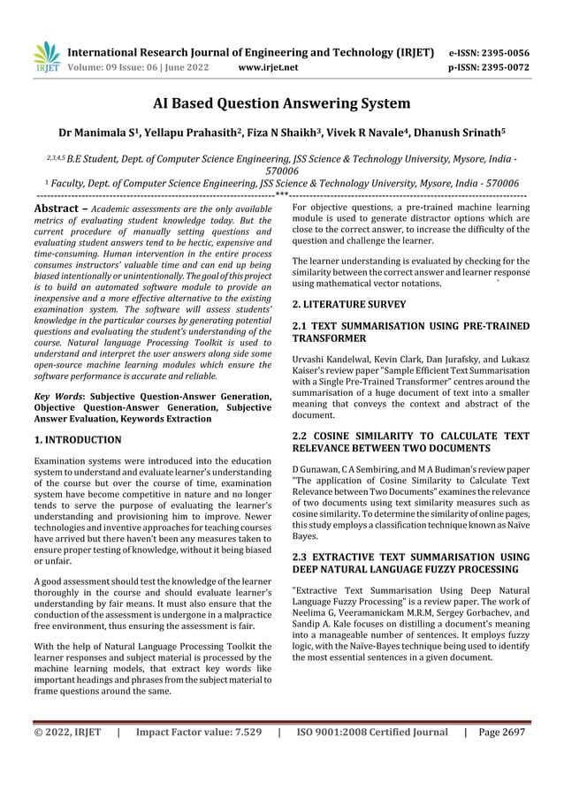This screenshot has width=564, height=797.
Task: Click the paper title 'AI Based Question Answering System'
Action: [x=281, y=103]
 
